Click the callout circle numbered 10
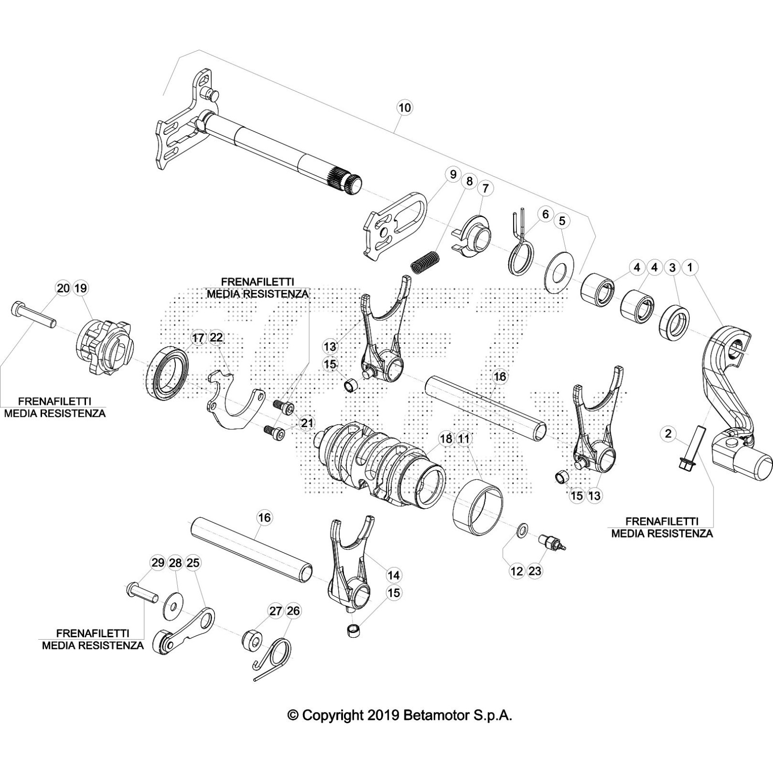[405, 107]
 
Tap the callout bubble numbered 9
[453, 174]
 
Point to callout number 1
[690, 267]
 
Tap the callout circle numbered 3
[672, 267]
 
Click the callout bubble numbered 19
[81, 288]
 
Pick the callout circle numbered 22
[217, 337]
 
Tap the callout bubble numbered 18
[446, 439]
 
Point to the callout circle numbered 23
[535, 571]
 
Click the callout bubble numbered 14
[394, 575]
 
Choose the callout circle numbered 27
[275, 611]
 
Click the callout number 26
[293, 611]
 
